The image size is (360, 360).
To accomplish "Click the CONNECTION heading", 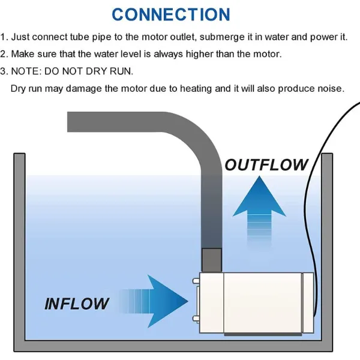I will pyautogui.click(x=171, y=14).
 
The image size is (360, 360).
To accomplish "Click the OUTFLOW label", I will pyautogui.click(x=266, y=164).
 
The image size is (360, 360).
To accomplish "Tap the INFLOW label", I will pyautogui.click(x=77, y=303).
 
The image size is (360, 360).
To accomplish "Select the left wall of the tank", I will pyautogui.click(x=20, y=252).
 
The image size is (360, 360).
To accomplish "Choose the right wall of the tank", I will pyautogui.click(x=327, y=252).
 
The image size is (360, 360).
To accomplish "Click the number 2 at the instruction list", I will pyautogui.click(x=4, y=54).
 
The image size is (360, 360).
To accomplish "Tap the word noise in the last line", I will pyautogui.click(x=329, y=89).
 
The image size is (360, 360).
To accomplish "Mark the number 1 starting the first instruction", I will pyautogui.click(x=4, y=37).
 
